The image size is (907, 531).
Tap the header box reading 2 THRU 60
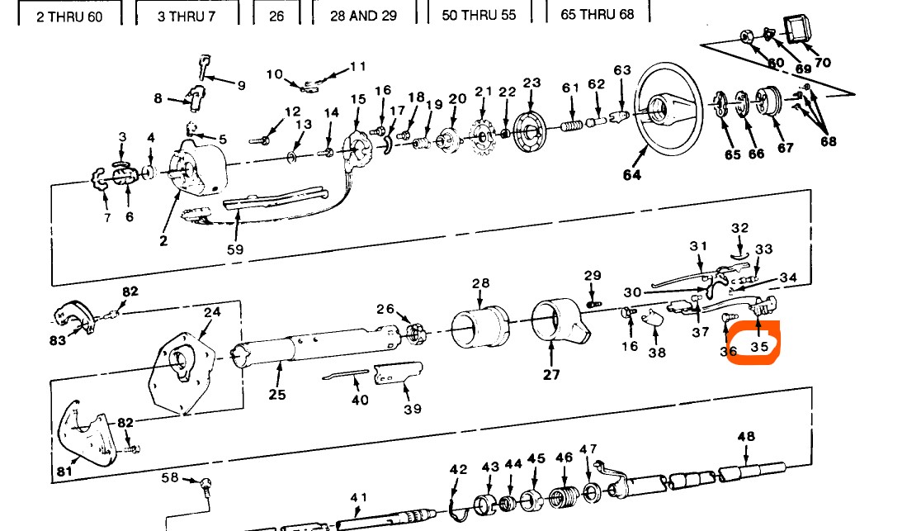pos(69,17)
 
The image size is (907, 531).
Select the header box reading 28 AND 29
pos(363,16)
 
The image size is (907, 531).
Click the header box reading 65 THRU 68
pos(598,15)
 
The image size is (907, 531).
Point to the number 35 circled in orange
pos(759,348)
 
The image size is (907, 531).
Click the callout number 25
pos(276,394)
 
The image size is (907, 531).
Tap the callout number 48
pos(746,436)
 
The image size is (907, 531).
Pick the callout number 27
pos(551,374)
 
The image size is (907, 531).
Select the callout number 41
pos(358,497)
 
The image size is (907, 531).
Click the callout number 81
pos(64,472)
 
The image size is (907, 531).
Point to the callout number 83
pos(58,340)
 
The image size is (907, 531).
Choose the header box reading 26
pos(276,16)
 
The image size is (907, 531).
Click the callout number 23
pos(531,83)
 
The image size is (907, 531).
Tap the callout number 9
pos(241,85)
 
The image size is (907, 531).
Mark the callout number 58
pos(169,477)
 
